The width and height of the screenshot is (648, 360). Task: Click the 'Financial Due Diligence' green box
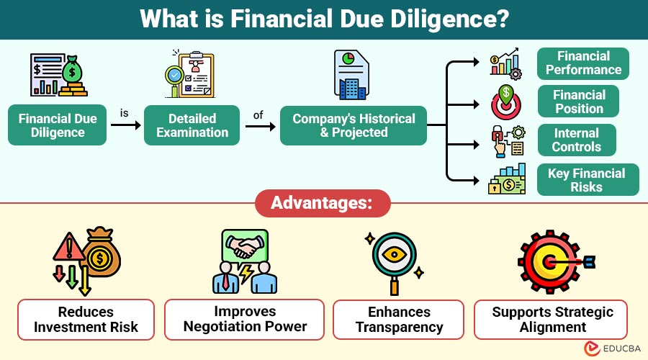coord(58,125)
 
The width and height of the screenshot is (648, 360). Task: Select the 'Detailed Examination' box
coord(192,125)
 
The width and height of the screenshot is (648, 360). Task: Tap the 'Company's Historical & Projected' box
coord(354,125)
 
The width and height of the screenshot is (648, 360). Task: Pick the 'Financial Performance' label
coord(583,63)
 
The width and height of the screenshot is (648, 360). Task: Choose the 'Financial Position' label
coord(579,102)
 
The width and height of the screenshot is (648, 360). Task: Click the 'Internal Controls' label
coord(576,140)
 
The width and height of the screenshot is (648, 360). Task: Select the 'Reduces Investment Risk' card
coord(86,319)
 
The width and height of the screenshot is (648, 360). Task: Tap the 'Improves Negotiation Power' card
coord(245,319)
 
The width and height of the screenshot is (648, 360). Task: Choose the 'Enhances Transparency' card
coord(398,319)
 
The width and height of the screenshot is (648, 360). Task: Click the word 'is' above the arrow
coord(124,113)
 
